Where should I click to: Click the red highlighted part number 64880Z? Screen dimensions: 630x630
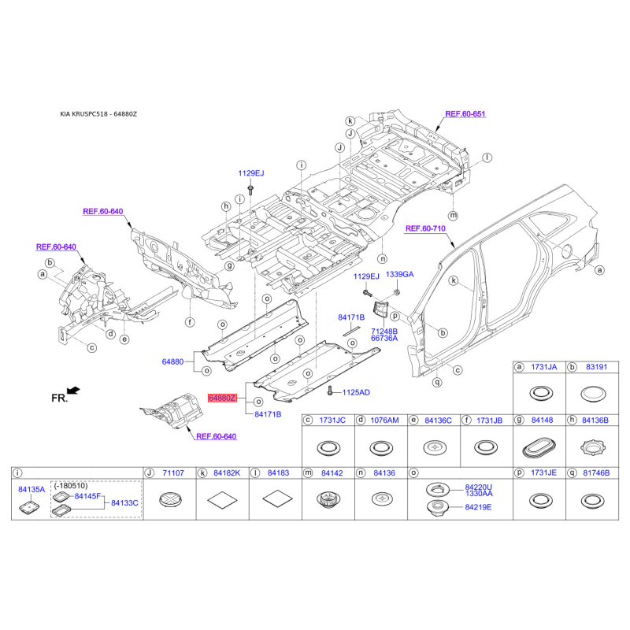[x=221, y=398]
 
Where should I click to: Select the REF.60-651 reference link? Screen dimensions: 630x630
[x=465, y=114]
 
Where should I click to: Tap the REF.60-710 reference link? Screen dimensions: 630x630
[x=425, y=228]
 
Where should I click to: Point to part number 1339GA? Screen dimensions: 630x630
[x=399, y=275]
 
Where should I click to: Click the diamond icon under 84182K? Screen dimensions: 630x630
[x=221, y=498]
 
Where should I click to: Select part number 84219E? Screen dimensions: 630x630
[x=478, y=507]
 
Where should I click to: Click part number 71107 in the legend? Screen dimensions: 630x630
[x=173, y=472]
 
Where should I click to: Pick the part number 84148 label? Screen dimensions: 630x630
[x=542, y=421]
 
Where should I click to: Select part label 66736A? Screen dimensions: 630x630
[x=384, y=338]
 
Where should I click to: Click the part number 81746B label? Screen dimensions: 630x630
[x=596, y=472]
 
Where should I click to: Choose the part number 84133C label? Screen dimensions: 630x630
[x=124, y=502]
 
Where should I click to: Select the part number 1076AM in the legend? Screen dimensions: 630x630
[x=384, y=421]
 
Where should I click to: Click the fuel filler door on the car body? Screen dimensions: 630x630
[x=565, y=251]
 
